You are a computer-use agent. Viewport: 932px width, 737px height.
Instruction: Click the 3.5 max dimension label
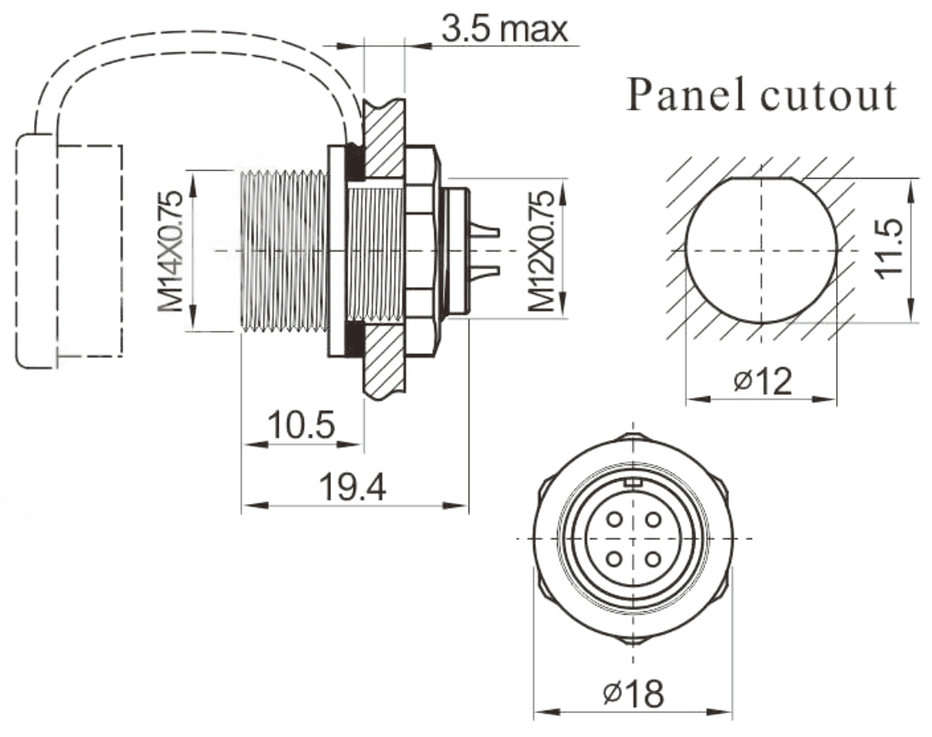tap(504, 29)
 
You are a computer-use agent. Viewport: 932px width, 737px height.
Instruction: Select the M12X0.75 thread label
tap(542, 251)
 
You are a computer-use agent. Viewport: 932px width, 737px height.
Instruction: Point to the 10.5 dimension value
tap(301, 426)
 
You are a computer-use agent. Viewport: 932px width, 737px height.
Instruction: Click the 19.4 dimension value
tap(353, 488)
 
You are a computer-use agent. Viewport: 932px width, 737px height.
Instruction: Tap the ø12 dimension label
tap(762, 380)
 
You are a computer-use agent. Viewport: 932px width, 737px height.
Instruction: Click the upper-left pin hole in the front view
tap(613, 519)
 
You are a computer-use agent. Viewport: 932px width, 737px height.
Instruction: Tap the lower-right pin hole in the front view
tap(653, 559)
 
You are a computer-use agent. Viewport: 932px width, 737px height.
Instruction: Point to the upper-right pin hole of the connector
tap(653, 519)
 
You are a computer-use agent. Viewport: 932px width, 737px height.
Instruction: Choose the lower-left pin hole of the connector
tap(613, 559)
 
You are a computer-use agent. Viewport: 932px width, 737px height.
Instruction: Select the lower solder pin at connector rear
tap(486, 270)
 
